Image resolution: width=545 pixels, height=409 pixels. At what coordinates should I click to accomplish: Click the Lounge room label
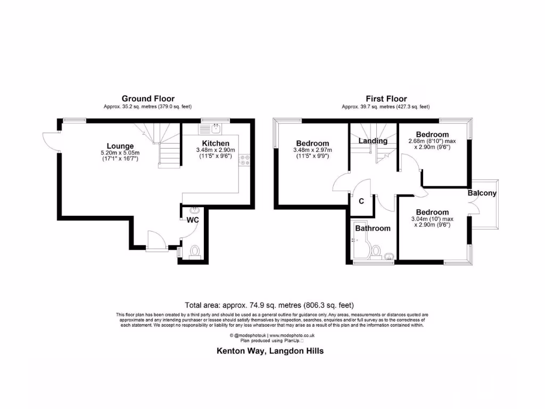[x=120, y=146]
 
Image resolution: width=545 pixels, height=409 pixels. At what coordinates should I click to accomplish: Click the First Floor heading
[x=386, y=99]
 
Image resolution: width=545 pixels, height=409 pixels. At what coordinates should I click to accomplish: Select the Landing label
[x=373, y=141]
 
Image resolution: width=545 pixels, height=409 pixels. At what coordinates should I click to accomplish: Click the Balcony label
[x=482, y=193]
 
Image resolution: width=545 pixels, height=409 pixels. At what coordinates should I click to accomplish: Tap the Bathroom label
[x=373, y=228]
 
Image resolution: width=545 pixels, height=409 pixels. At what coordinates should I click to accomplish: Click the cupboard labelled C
[x=361, y=201]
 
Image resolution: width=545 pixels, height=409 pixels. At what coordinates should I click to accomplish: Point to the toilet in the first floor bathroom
[x=377, y=251]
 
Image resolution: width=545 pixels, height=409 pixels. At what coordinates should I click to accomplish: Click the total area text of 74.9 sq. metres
[x=269, y=305]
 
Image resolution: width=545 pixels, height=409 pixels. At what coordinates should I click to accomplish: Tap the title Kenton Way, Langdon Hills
[x=270, y=351]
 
